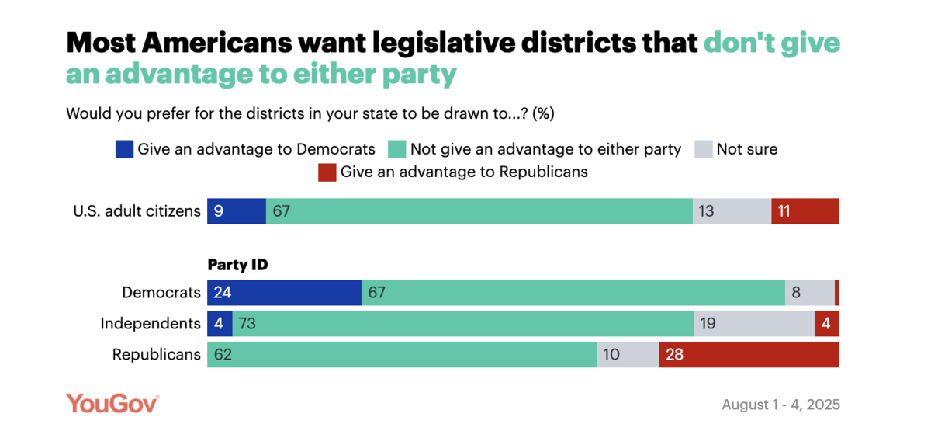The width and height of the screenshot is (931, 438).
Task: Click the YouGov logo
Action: tap(112, 404)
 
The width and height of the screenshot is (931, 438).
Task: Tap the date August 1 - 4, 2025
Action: tap(780, 405)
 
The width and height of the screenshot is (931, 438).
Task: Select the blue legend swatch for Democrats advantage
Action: tap(124, 149)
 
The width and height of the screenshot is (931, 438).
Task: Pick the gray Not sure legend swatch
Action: tap(703, 149)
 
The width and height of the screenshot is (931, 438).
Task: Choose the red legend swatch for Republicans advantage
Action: tap(327, 172)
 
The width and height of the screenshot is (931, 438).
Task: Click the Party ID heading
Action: tap(237, 265)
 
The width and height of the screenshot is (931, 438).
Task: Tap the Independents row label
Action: tap(151, 324)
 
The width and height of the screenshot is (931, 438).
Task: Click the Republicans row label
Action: tap(157, 355)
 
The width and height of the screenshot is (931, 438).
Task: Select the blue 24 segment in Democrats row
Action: tap(284, 293)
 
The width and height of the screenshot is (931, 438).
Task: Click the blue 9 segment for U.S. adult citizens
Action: tap(236, 211)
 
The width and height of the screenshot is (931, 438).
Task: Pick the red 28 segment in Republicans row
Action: tap(749, 355)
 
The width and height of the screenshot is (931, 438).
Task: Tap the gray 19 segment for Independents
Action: tap(753, 324)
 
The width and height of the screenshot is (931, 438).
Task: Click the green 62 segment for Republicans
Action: tap(402, 355)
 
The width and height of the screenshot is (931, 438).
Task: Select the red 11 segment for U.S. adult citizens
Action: tap(805, 211)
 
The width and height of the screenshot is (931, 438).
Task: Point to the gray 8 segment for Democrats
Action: tap(809, 293)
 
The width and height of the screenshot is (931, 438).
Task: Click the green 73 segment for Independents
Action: tap(463, 324)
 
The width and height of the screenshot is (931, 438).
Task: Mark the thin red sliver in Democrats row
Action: tap(836, 293)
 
